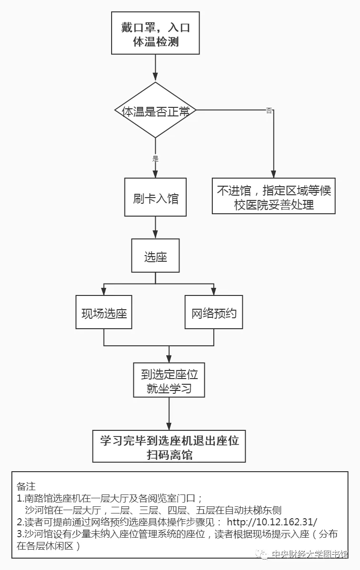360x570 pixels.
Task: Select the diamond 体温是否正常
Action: [155, 111]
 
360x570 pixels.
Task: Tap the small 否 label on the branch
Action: [269, 111]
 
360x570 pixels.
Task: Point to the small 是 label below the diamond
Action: [155, 159]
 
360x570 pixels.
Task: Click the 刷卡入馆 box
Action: [155, 198]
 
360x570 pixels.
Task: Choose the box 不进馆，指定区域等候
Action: [274, 197]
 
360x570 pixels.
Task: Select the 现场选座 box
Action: [104, 312]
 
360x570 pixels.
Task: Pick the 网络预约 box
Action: [214, 312]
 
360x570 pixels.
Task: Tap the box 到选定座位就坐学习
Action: [169, 381]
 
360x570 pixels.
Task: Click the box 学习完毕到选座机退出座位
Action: [169, 446]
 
